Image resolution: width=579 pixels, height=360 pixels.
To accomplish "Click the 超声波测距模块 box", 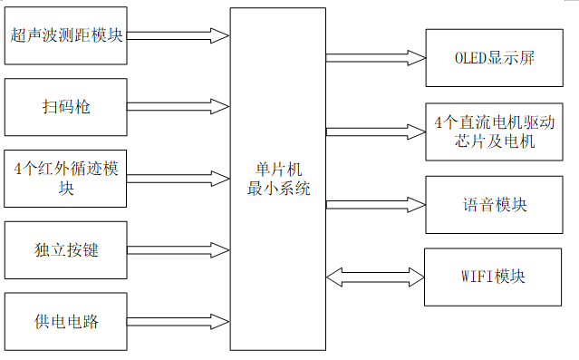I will (66, 36).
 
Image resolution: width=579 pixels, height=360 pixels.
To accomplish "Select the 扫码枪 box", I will (66, 106).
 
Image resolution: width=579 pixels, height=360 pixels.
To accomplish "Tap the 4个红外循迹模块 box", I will (66, 178).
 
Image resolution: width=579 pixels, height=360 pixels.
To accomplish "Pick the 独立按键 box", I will (66, 248).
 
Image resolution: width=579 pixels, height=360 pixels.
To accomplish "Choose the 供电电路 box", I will (66, 320).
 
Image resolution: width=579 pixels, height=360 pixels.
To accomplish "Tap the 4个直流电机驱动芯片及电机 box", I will (495, 131).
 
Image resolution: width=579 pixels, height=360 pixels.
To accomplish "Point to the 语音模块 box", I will (495, 204).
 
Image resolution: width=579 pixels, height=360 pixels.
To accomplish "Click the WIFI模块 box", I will (495, 276).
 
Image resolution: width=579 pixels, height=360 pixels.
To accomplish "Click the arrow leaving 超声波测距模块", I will (178, 36).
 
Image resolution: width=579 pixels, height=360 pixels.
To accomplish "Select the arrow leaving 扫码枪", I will (178, 106).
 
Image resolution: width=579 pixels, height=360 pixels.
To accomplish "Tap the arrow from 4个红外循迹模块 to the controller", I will (178, 178).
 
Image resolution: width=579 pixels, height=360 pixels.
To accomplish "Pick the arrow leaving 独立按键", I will (178, 248).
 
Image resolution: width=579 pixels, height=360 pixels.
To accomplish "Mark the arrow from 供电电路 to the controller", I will (178, 320).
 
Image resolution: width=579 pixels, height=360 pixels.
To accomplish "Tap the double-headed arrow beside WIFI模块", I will (374, 276).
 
